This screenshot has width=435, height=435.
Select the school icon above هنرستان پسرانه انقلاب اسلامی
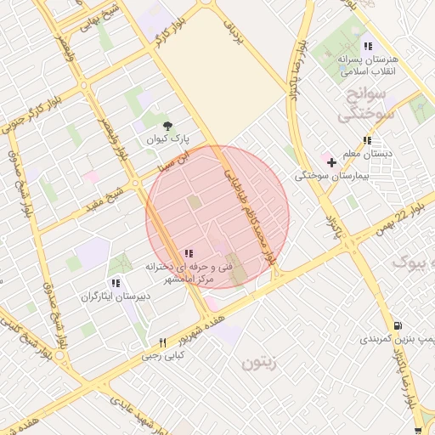click(x=367, y=46)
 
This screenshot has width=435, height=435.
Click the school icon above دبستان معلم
click(x=367, y=141)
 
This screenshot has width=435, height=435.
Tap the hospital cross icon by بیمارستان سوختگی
click(x=330, y=161)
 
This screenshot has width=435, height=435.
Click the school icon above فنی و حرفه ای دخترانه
click(x=188, y=253)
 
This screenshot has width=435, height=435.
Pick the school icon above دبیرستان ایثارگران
click(x=116, y=283)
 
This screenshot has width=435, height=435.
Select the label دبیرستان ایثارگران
click(x=116, y=297)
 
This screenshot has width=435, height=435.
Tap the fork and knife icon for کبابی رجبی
click(x=162, y=342)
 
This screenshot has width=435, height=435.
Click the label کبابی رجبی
click(x=162, y=357)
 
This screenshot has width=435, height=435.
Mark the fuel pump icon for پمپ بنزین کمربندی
click(x=398, y=325)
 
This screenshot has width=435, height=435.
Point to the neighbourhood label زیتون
click(x=261, y=363)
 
